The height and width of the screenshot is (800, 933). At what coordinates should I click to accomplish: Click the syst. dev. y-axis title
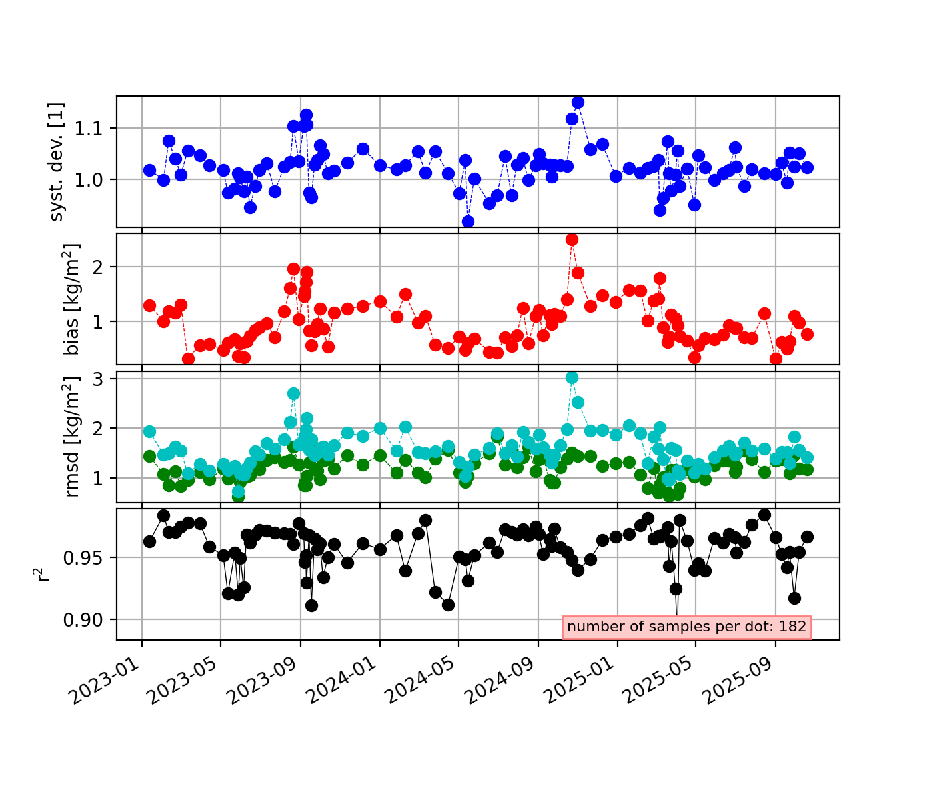[x=57, y=162]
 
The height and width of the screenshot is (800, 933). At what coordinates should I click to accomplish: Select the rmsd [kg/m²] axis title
[x=72, y=437]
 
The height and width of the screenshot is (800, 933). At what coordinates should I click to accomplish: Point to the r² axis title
[x=44, y=574]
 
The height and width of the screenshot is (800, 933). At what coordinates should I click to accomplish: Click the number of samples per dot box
[x=687, y=627]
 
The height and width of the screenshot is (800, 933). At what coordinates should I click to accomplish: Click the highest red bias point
[x=572, y=239]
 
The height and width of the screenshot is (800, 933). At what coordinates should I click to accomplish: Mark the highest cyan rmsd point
[x=572, y=377]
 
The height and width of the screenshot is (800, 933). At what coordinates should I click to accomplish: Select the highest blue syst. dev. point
[x=578, y=102]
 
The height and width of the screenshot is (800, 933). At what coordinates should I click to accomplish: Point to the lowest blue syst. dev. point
[x=468, y=221]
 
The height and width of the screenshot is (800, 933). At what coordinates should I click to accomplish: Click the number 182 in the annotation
[x=793, y=627]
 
